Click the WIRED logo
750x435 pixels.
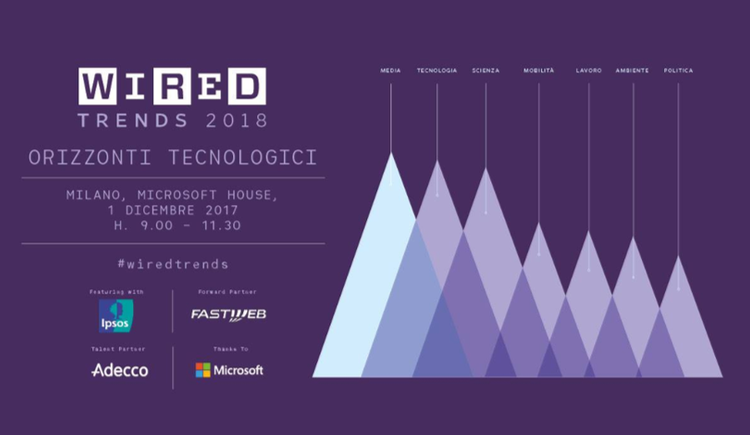[172, 86]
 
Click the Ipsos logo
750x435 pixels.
[116, 316]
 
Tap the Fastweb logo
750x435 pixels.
[228, 314]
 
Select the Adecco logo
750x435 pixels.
[120, 370]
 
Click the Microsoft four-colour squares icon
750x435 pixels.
[203, 370]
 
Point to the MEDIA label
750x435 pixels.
[390, 71]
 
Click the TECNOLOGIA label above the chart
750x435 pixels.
[437, 71]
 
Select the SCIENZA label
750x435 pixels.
[485, 71]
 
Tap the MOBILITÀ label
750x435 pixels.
[539, 71]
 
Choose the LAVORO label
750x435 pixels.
[589, 71]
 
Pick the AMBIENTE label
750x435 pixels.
[632, 71]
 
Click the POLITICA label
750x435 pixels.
[678, 71]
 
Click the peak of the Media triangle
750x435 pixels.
[391, 152]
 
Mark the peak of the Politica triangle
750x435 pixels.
[678, 257]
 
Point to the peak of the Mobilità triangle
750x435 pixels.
[539, 222]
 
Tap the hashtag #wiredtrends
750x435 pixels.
[173, 264]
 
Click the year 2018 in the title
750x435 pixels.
[236, 120]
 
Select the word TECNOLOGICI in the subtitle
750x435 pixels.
[243, 157]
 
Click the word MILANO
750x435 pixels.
[93, 195]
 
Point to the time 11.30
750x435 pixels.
[221, 225]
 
